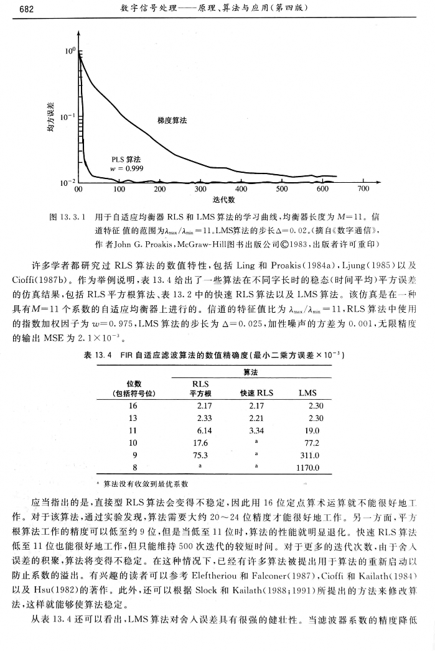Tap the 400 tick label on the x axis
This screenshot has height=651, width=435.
pos(241,189)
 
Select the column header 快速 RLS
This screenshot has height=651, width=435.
pos(256,392)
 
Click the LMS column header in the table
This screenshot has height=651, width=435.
pos(309,392)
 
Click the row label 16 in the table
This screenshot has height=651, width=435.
pos(132,405)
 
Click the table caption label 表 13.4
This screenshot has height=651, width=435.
pos(98,355)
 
